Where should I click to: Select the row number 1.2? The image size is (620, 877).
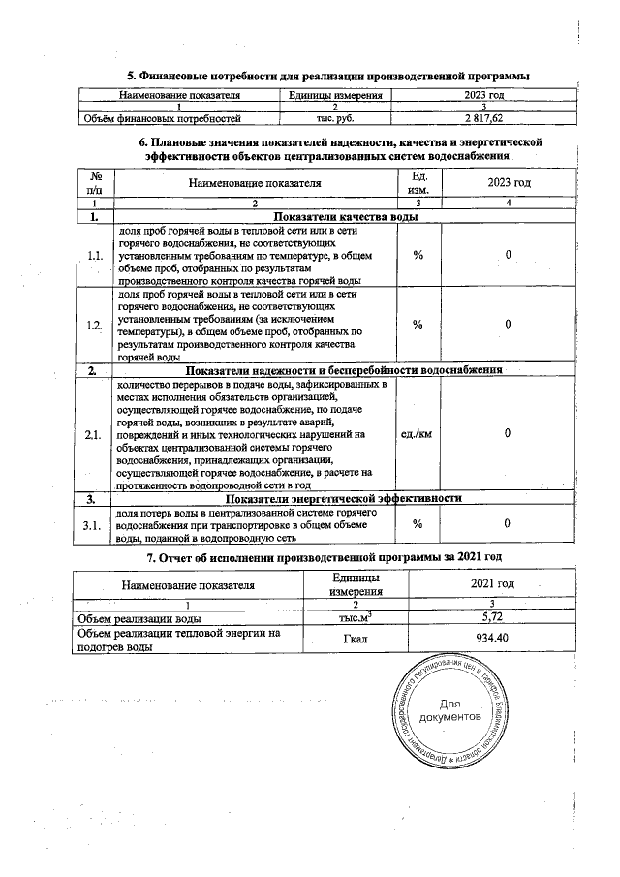click(94, 325)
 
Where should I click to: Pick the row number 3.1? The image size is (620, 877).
click(94, 524)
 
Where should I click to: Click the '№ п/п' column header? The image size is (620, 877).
click(95, 182)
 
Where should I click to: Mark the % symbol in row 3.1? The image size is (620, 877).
click(418, 524)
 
